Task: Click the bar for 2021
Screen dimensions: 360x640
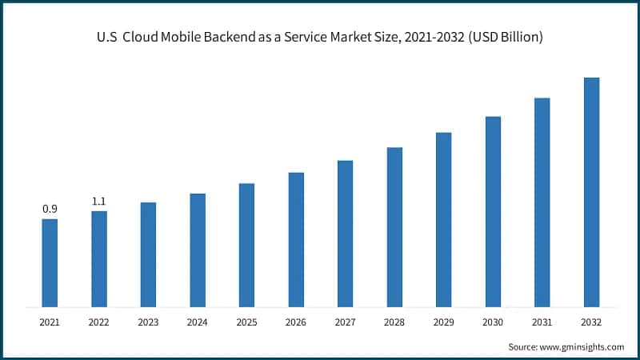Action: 50,262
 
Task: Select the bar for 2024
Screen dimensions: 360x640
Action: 198,250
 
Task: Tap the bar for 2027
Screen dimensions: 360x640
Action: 345,233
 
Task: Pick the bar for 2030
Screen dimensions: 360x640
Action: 493,211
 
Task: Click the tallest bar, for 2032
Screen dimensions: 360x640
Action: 591,192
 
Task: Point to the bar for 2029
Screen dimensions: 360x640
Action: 443,219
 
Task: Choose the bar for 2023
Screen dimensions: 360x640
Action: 148,254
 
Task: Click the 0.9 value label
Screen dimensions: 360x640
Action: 50,209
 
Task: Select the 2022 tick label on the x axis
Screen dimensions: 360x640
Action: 99,322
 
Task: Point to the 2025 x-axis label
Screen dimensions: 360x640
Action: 246,322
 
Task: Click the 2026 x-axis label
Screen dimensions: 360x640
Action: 296,322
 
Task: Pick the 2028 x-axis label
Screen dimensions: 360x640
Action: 394,322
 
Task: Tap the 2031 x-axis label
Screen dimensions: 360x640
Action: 542,322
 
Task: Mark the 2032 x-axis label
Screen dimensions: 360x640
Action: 591,322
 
